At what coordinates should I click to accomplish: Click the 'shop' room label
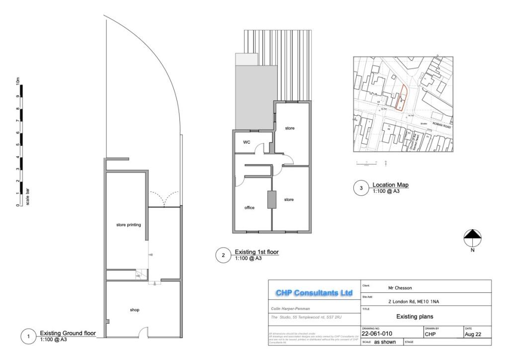coord(134,310)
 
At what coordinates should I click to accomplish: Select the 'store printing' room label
coord(128,225)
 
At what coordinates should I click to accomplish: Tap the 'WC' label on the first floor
coord(247,142)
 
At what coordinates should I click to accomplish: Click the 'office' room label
coord(250,207)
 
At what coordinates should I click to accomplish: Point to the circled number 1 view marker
coord(28,337)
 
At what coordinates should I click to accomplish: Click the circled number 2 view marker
coord(223,255)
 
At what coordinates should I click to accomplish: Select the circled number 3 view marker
coord(361,188)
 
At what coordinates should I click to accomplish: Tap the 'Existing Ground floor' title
coord(68,333)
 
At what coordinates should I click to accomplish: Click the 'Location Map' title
coord(390,185)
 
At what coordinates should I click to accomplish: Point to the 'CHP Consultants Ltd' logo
coord(314,293)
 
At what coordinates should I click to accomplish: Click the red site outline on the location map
coord(403,97)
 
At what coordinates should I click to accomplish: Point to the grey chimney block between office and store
coord(271,199)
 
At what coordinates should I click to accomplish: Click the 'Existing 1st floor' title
coord(256,252)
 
